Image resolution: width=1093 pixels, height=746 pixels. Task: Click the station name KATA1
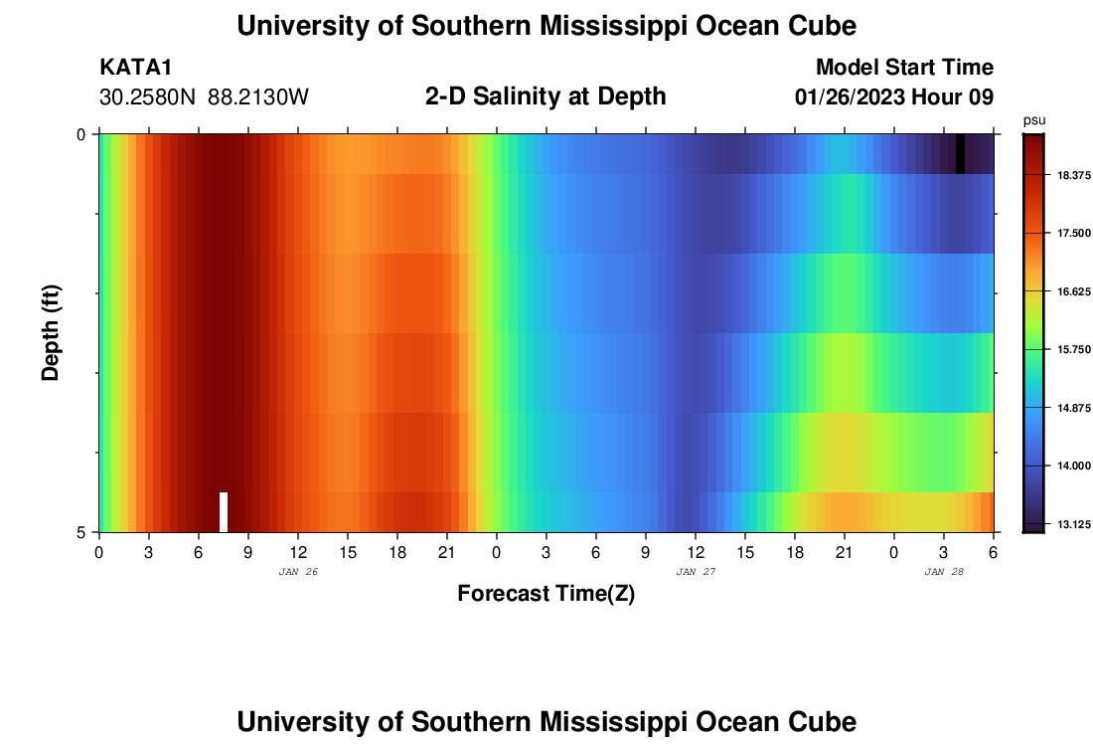[136, 68]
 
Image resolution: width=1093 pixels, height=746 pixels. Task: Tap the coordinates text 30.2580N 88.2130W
[205, 97]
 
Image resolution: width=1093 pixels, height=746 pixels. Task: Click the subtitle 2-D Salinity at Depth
[546, 96]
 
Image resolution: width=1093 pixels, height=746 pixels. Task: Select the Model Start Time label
[904, 68]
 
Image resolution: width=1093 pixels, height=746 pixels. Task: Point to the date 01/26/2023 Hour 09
[894, 97]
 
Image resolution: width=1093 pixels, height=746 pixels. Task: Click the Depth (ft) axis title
[52, 332]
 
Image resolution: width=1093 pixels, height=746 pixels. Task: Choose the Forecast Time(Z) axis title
[546, 594]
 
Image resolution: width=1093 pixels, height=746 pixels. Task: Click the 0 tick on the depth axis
[81, 134]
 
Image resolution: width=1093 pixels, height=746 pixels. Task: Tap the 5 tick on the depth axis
[81, 532]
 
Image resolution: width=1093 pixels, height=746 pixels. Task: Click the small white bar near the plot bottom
[224, 511]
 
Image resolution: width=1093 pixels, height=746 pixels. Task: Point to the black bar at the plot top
[960, 153]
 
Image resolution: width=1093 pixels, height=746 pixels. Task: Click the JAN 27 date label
[696, 572]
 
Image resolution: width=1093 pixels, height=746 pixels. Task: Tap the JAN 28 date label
[944, 572]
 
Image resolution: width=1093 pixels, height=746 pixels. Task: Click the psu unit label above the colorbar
[1033, 120]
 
